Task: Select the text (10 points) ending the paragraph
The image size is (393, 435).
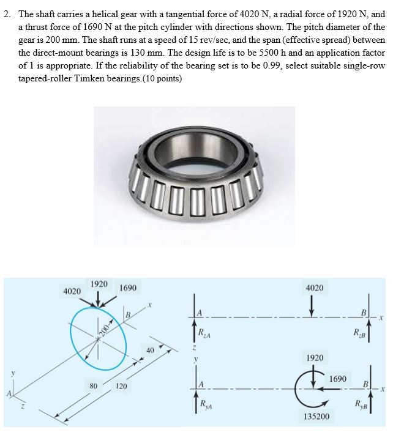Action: (163, 79)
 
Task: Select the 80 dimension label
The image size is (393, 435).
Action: (93, 386)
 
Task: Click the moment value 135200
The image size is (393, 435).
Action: (316, 415)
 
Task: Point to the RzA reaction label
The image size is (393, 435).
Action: (205, 333)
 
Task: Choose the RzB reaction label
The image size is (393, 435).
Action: (358, 333)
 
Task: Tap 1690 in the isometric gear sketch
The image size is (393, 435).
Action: (128, 287)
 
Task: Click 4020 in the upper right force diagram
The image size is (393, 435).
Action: (314, 287)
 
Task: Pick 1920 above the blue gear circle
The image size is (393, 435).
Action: (99, 284)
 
